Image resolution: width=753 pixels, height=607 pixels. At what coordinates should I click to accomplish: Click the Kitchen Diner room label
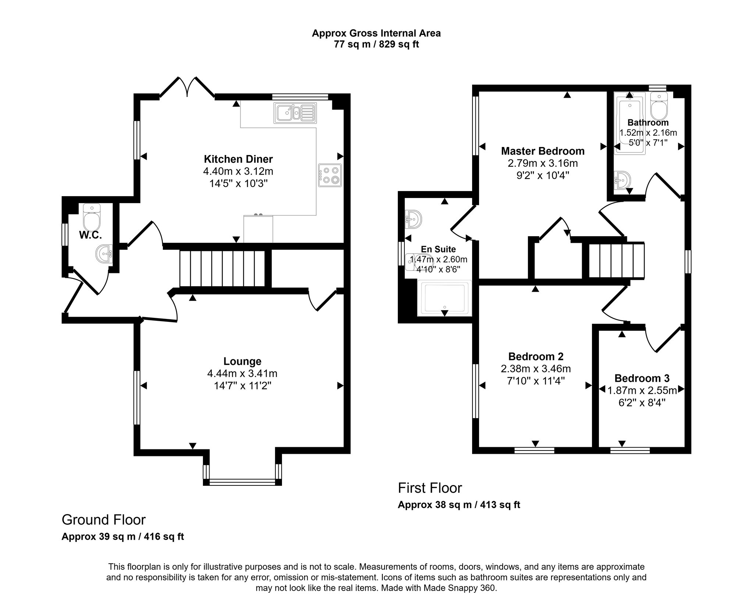238,159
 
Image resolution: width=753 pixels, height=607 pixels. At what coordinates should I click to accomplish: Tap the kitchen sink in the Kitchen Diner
295,112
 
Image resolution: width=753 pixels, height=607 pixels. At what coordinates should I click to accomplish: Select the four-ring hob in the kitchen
330,175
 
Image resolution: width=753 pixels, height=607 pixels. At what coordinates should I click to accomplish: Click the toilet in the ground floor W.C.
91,217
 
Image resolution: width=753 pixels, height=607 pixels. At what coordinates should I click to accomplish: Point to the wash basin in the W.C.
104,254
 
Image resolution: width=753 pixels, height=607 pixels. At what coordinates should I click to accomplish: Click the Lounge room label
242,362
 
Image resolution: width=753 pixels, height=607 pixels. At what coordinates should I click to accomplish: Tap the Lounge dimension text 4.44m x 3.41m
242,374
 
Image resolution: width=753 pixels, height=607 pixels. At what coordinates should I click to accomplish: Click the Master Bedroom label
543,151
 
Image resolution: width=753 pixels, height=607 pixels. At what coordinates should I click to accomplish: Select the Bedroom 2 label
536,356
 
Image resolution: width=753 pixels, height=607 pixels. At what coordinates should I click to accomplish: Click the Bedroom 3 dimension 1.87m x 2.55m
642,390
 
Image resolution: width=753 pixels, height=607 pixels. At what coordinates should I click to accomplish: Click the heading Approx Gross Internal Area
376,33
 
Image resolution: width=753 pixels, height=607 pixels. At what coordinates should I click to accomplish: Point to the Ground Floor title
104,520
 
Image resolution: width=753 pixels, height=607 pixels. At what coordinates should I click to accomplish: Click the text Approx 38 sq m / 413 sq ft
459,504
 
